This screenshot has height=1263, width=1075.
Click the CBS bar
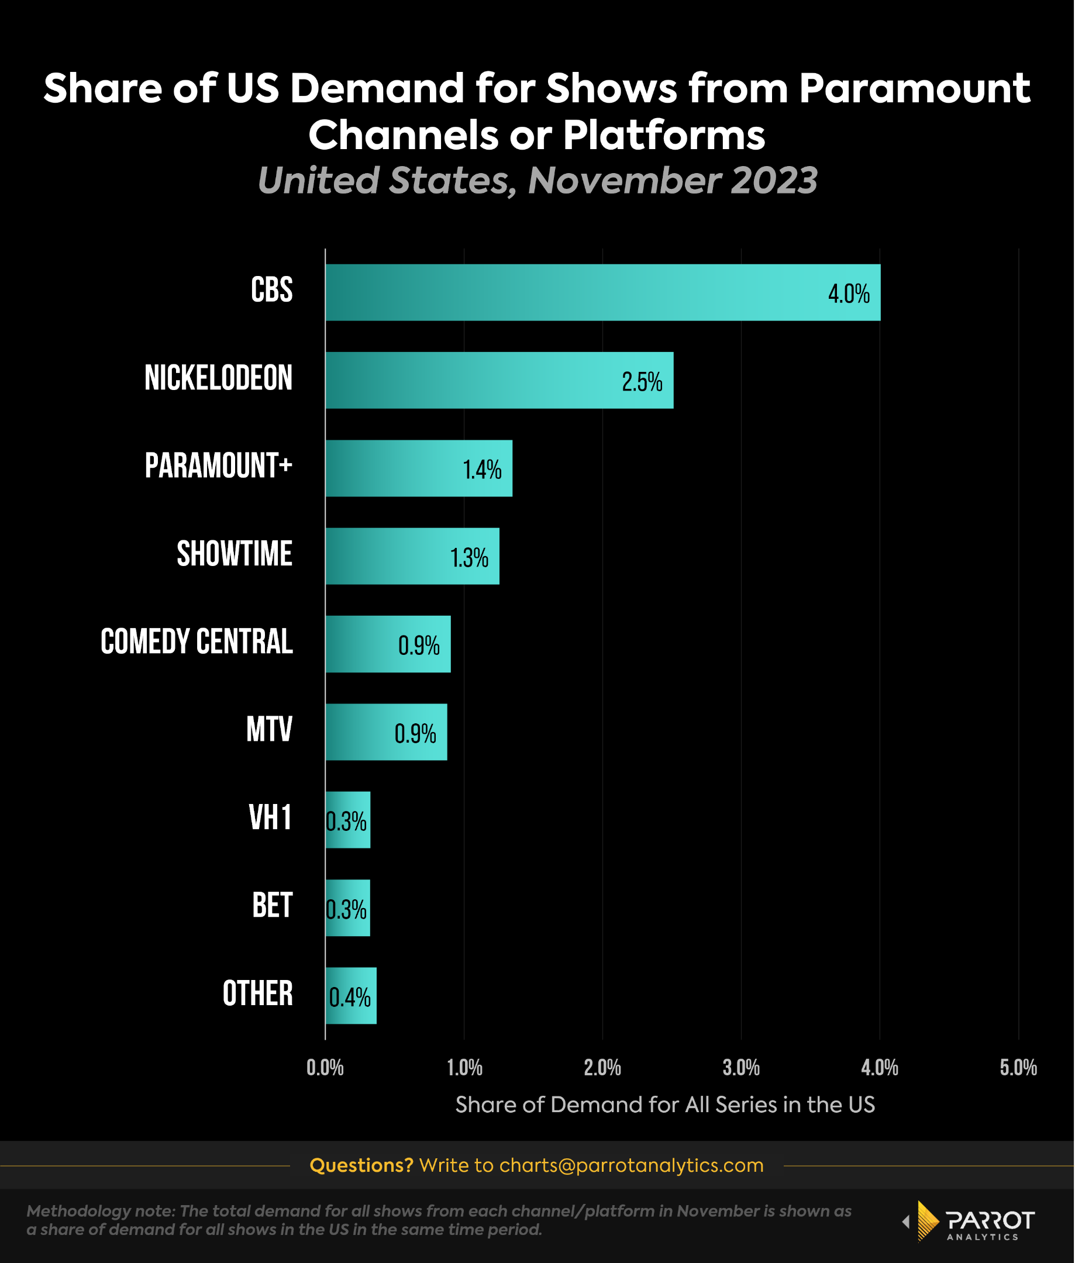coord(602,292)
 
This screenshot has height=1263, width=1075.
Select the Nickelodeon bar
coord(499,380)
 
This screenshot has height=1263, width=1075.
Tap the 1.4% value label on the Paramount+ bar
coord(481,470)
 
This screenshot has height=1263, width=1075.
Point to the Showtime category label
coord(234,554)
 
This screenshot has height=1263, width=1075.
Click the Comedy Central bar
coord(388,644)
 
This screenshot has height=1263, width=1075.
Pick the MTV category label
coord(269,729)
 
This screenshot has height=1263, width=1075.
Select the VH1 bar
coord(347,819)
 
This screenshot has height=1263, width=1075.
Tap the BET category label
coord(272,905)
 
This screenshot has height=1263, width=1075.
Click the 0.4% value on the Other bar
coord(350,998)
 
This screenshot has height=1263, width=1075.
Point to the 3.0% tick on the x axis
coord(741,1068)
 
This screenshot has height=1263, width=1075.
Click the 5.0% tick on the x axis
coord(1018,1068)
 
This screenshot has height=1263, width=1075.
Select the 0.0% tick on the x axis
coord(325,1068)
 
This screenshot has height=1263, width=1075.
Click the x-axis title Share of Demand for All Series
coord(665,1105)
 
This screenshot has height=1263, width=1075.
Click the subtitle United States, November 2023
coord(537,180)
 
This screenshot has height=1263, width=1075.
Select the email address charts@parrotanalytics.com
coord(630,1165)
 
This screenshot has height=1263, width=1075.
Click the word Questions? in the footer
coord(361,1165)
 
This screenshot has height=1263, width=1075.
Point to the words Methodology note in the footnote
coord(101,1210)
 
